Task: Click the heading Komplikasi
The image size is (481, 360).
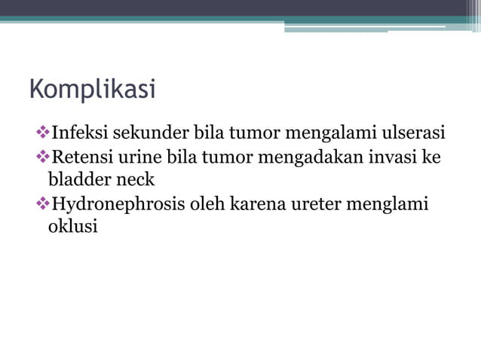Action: point(92,90)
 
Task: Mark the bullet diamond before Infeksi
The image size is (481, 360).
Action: point(41,133)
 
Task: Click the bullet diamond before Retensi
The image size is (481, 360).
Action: point(41,157)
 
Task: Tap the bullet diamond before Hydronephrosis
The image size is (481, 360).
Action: point(41,204)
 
